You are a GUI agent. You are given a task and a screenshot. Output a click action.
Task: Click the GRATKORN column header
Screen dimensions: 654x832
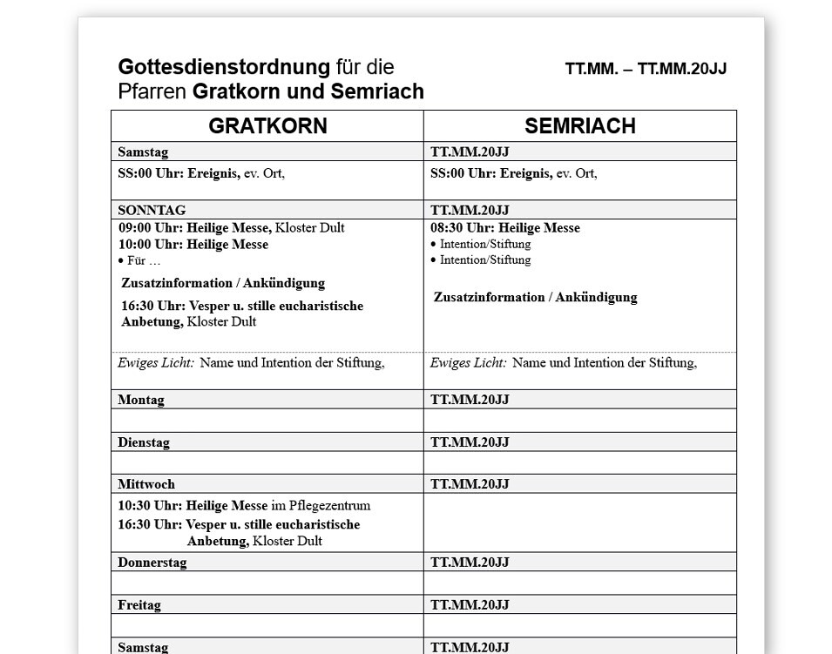267,126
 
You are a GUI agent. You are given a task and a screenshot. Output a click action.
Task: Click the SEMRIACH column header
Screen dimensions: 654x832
579,126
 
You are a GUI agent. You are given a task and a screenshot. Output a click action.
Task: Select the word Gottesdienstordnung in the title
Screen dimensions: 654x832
224,67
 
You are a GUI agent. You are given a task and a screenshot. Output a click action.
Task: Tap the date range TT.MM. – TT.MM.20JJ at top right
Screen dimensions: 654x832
646,70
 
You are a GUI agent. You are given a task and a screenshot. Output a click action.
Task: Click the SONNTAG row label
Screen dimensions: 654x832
152,210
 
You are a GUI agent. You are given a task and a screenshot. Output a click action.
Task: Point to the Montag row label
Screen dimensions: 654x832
141,400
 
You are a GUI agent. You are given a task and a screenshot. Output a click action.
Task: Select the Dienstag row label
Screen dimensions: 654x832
144,442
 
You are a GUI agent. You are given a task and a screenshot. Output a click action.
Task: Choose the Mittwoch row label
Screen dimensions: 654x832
146,484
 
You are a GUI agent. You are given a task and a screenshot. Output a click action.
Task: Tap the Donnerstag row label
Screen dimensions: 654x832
152,563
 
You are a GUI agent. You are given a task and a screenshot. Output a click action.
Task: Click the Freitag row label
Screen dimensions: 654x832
139,605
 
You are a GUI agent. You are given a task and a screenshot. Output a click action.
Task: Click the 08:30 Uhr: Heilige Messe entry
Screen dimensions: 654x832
505,228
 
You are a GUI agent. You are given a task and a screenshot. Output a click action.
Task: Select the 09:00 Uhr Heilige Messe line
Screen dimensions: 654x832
231,228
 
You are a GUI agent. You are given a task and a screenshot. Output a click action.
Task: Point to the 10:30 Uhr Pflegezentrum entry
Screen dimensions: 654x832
244,505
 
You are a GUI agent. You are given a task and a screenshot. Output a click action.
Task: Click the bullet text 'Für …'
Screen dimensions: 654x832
142,260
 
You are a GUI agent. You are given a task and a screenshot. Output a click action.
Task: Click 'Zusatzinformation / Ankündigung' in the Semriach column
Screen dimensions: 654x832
535,297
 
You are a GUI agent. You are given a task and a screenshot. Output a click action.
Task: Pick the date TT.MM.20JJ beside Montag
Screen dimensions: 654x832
470,400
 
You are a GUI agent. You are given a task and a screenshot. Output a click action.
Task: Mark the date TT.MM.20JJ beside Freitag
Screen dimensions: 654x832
470,605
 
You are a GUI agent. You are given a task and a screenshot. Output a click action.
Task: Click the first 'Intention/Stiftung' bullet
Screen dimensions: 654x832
484,245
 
